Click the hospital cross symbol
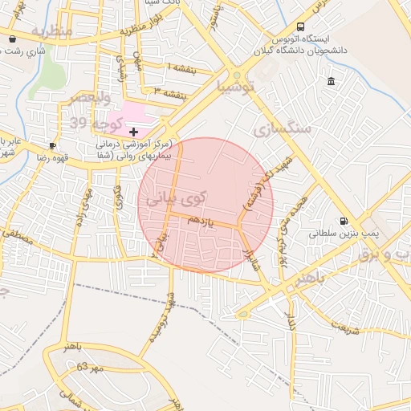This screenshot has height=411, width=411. pyautogui.click(x=133, y=131)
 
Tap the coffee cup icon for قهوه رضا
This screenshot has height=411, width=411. pyautogui.click(x=52, y=145)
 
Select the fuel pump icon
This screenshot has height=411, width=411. pyautogui.click(x=344, y=221)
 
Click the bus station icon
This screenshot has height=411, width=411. pyautogui.click(x=300, y=26)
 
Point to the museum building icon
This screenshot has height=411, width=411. pyautogui.click(x=332, y=81)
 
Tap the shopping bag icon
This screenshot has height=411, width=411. pyautogui.click(x=12, y=39)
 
